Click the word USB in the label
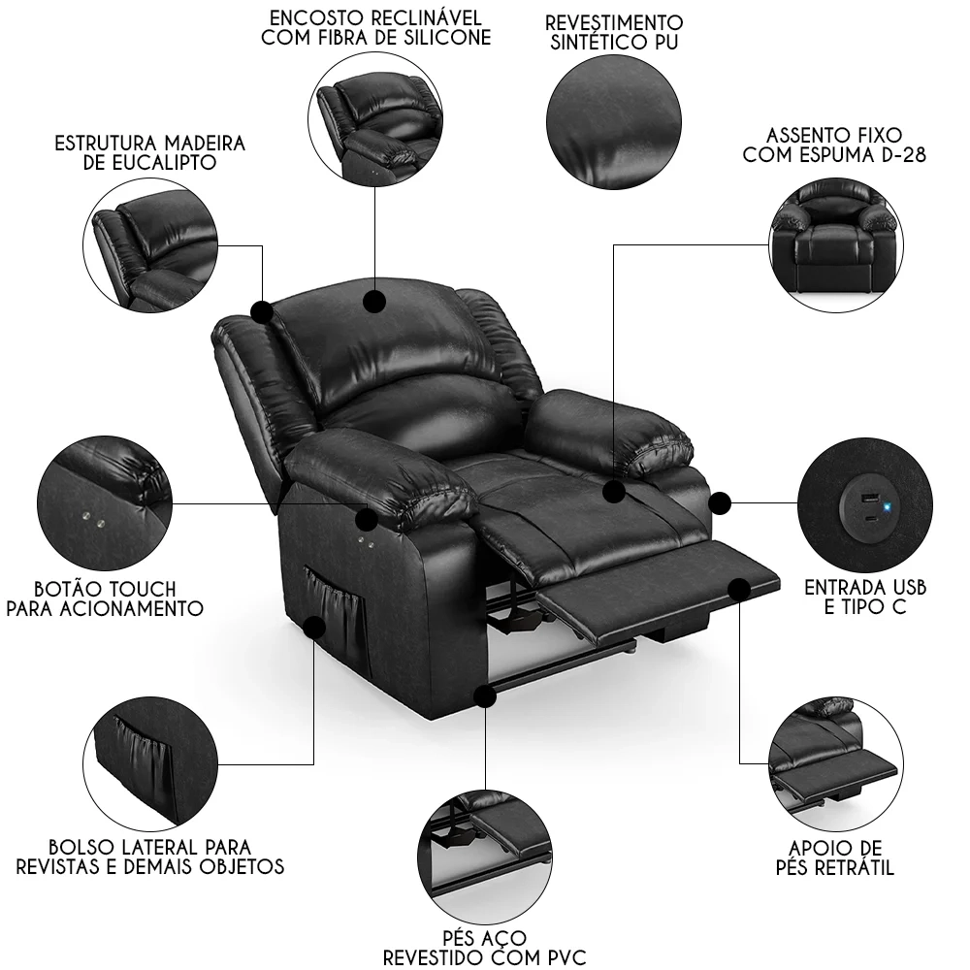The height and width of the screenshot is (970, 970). point(905,588)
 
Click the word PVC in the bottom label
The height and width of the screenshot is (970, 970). point(563,958)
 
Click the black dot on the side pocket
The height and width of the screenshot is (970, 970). point(314,628)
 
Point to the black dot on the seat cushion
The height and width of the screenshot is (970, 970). point(613,492)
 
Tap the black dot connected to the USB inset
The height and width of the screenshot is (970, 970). point(719,502)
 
